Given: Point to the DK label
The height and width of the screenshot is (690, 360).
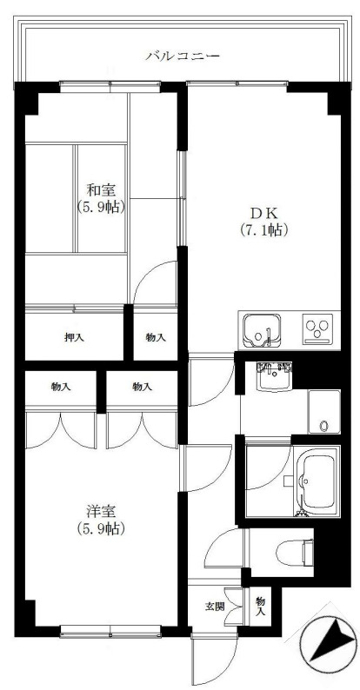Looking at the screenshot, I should pyautogui.click(x=263, y=212).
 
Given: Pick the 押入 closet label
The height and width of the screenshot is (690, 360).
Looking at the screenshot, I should pyautogui.click(x=73, y=336).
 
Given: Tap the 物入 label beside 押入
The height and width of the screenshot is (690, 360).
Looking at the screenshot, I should pyautogui.click(x=156, y=336).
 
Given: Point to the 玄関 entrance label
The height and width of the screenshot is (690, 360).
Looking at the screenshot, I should pyautogui.click(x=214, y=605).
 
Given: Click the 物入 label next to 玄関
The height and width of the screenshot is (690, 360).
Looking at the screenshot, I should pyautogui.click(x=260, y=606).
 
